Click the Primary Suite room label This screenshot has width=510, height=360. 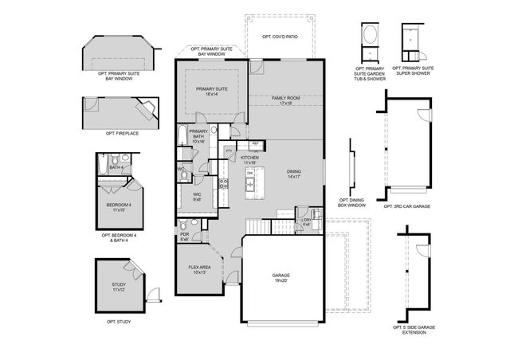211,92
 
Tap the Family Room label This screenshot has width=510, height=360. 285,100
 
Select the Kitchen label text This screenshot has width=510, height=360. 250,159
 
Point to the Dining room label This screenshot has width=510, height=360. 295,174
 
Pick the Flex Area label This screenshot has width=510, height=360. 199,269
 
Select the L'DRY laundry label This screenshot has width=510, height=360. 307,222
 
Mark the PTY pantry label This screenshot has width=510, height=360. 229,150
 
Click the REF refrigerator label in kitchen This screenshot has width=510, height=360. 255,143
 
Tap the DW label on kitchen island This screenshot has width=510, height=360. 249,173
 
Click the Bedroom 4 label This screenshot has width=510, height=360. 119,207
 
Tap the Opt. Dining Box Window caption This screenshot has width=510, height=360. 353,203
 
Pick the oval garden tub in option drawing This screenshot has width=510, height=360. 371,35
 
